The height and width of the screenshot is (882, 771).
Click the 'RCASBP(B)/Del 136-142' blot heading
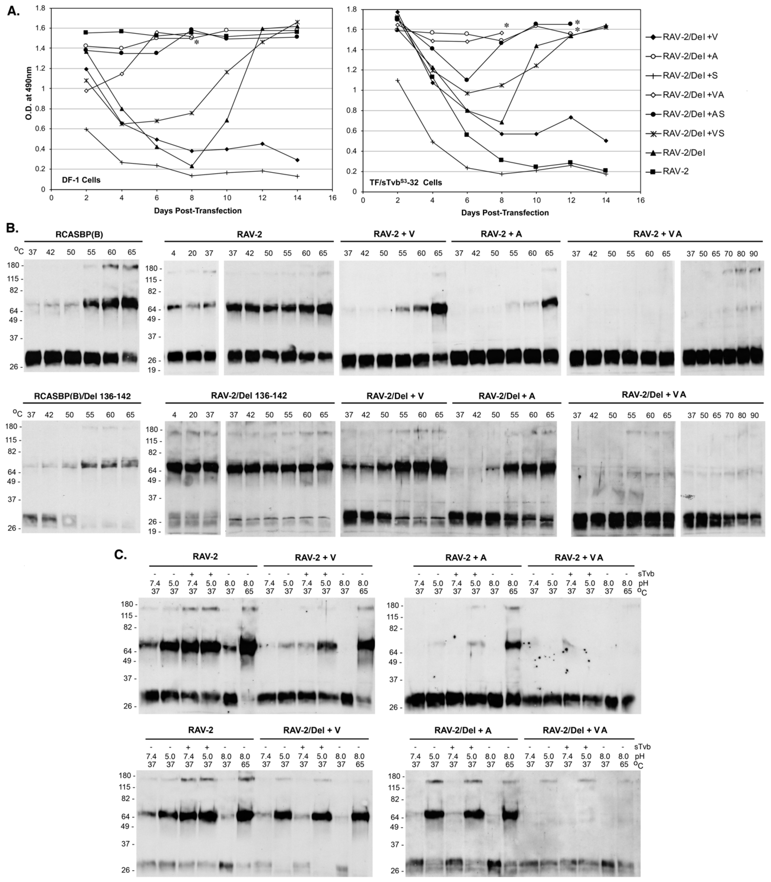tap(82, 396)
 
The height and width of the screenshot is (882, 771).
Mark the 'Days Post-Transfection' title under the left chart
tap(197, 211)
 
